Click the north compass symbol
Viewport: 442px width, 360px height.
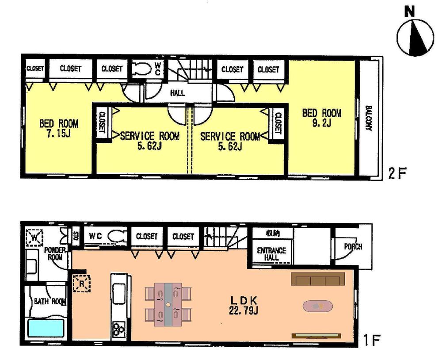coord(414,37)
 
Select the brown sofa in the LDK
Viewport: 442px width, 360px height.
coord(317,280)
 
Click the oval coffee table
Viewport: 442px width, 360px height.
coord(317,306)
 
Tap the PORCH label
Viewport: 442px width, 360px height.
coord(352,246)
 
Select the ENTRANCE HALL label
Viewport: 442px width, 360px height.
coord(271,254)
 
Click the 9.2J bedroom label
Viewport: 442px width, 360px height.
coord(321,118)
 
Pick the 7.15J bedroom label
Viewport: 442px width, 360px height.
coord(59,128)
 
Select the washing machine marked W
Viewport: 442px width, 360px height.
coord(33,238)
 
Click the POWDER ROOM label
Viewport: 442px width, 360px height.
coord(55,254)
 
